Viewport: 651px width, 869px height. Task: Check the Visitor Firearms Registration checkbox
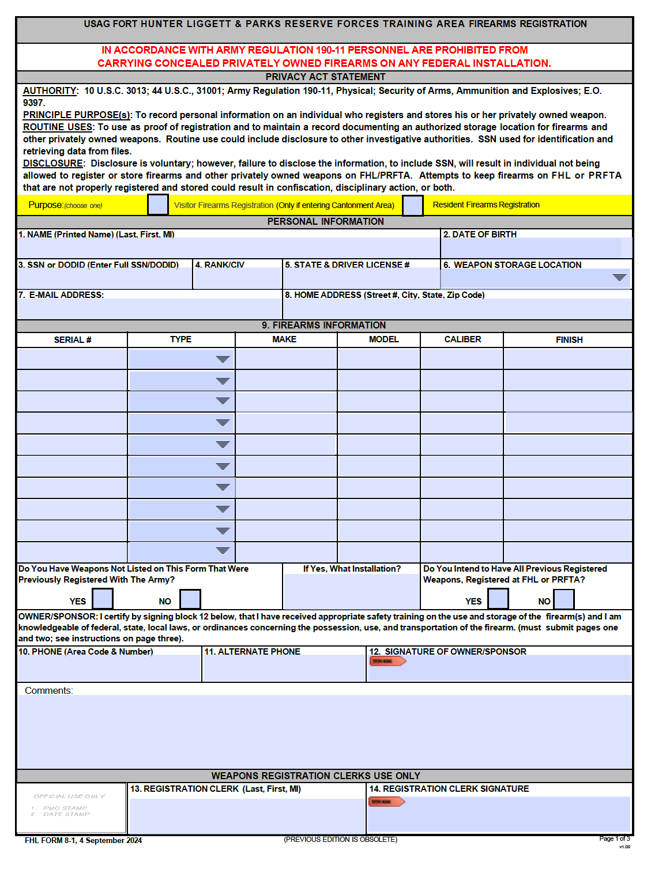(x=157, y=205)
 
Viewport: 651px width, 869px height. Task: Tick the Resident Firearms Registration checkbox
(x=412, y=205)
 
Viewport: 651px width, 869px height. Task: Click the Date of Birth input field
(x=531, y=248)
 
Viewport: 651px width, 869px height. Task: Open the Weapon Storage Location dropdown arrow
(x=619, y=278)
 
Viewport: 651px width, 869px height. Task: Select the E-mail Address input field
(x=149, y=309)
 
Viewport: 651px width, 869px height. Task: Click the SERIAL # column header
(x=73, y=340)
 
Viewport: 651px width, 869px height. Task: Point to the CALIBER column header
(x=462, y=339)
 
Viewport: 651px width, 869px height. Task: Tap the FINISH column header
(x=569, y=340)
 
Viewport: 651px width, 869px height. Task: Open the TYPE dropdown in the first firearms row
(x=223, y=359)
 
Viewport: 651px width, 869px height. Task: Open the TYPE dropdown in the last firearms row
(x=223, y=551)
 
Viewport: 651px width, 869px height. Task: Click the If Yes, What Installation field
(x=351, y=591)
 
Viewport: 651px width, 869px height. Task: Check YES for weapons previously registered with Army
(x=103, y=599)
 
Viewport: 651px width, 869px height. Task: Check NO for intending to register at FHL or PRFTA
(x=563, y=599)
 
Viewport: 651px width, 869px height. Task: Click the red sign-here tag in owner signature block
(x=387, y=661)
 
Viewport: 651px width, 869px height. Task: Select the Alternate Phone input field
(x=284, y=669)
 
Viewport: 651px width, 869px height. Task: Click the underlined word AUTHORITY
(x=50, y=91)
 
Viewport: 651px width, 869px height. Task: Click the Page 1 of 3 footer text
(x=614, y=838)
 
